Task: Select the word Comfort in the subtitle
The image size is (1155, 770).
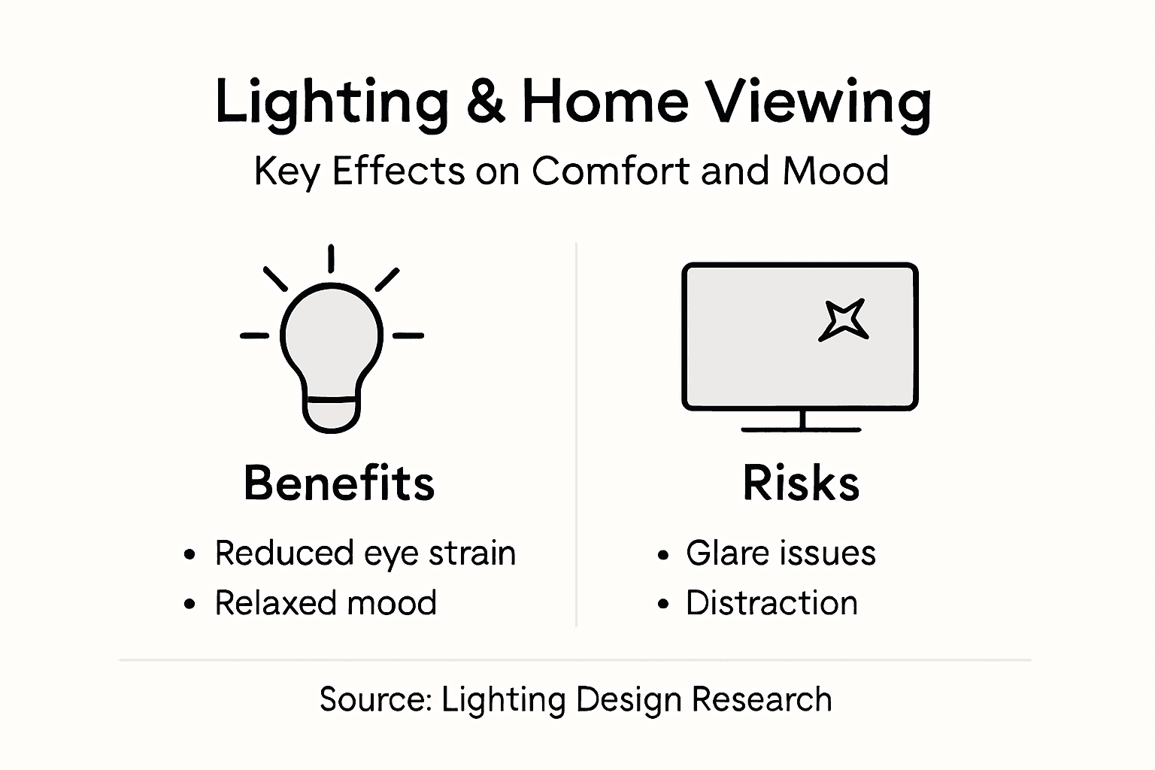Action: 611,171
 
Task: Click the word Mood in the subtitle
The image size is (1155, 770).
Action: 835,171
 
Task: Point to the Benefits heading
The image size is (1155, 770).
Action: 339,483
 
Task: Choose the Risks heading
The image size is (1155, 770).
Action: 801,483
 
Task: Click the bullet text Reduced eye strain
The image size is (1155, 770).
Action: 365,553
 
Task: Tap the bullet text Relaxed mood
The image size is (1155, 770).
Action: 326,603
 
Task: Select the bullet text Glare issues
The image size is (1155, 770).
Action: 781,553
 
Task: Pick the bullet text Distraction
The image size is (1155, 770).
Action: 772,603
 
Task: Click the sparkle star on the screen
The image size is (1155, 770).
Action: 844,320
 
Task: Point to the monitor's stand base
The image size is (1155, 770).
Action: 801,429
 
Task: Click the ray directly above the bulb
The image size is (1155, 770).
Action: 331,258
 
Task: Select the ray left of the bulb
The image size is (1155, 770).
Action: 254,335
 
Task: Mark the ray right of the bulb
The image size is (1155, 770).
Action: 408,335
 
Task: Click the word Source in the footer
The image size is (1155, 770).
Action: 374,699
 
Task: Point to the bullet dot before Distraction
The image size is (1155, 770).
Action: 662,605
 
